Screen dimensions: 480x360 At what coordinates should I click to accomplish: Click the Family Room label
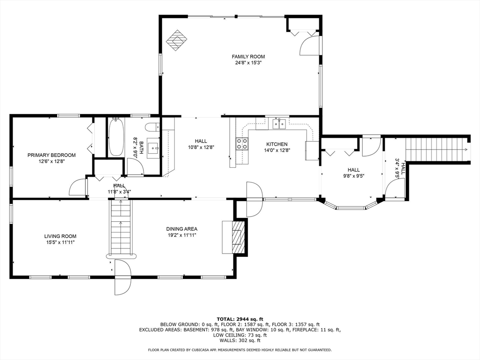(248, 57)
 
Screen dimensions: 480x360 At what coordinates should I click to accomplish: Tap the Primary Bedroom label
(52, 155)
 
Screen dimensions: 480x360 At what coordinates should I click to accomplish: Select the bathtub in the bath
(116, 137)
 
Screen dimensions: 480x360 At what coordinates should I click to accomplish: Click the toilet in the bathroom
(152, 127)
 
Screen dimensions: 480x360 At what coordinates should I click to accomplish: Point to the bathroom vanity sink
(153, 148)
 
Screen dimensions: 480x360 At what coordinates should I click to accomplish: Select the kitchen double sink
(279, 124)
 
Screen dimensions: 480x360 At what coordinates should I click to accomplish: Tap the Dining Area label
(182, 229)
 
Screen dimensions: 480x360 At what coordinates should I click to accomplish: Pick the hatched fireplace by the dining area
(239, 237)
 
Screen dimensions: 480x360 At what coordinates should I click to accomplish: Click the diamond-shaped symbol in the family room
(177, 40)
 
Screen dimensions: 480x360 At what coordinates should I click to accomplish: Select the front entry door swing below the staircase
(123, 277)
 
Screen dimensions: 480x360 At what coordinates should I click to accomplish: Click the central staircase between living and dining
(120, 228)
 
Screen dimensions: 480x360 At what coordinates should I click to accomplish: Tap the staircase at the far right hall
(436, 150)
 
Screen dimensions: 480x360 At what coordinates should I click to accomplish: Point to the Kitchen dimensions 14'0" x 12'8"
(277, 150)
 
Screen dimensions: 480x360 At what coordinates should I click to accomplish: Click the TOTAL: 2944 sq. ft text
(240, 319)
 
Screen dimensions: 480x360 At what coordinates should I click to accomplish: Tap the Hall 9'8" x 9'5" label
(353, 173)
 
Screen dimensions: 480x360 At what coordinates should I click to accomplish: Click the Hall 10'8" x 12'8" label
(201, 144)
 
